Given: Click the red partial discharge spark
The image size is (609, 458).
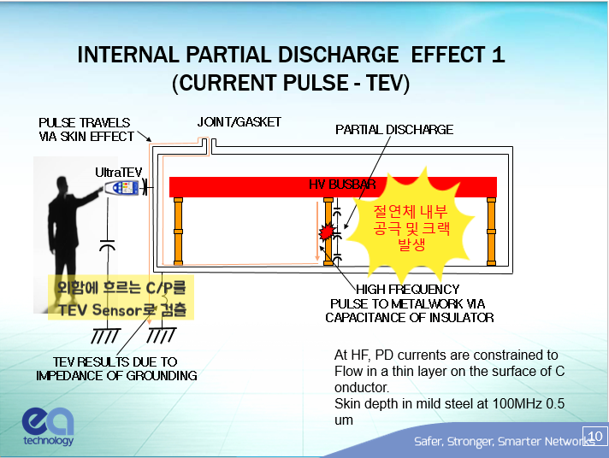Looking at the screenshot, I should pyautogui.click(x=327, y=232).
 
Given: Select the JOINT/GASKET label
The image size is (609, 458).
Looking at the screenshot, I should pyautogui.click(x=239, y=122).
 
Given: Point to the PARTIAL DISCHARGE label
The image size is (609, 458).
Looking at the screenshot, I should pyautogui.click(x=394, y=130).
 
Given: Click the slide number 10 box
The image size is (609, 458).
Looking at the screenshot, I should pyautogui.click(x=594, y=435).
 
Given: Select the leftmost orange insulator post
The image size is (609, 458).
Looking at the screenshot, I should pyautogui.click(x=179, y=232).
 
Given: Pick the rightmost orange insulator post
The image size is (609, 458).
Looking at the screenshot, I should pyautogui.click(x=491, y=232).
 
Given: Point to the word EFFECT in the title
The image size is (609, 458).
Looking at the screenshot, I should pyautogui.click(x=449, y=56).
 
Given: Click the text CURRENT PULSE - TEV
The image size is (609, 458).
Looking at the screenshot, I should pyautogui.click(x=291, y=83).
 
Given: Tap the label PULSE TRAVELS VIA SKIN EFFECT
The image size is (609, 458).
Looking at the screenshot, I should pyautogui.click(x=86, y=129).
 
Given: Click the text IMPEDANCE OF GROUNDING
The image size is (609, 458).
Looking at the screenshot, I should pyautogui.click(x=116, y=375).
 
